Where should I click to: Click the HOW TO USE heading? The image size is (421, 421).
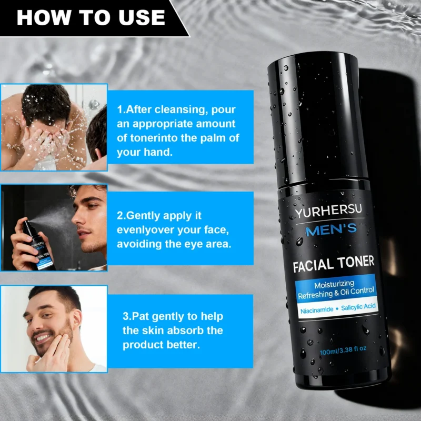pos(91,17)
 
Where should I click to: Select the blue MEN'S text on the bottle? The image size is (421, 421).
pos(331,229)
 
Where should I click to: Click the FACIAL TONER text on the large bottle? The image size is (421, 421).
pos(334,262)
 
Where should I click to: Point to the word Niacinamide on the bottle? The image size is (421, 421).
pos(316,310)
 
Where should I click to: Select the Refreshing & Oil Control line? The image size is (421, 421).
pos(336,290)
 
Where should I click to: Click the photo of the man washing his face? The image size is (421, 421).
pos(54,127)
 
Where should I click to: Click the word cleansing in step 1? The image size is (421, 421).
pos(174,110)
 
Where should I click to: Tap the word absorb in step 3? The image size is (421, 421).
pos(182,330)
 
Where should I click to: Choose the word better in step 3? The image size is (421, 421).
pos(184,345)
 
